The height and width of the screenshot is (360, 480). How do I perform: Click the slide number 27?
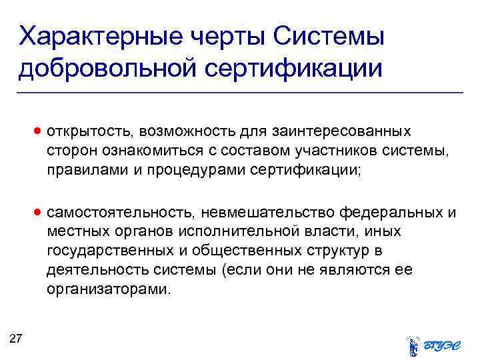pos(17,339)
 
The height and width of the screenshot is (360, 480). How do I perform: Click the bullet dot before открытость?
pos(40,131)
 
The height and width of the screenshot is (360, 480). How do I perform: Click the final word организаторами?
pos(109,290)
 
